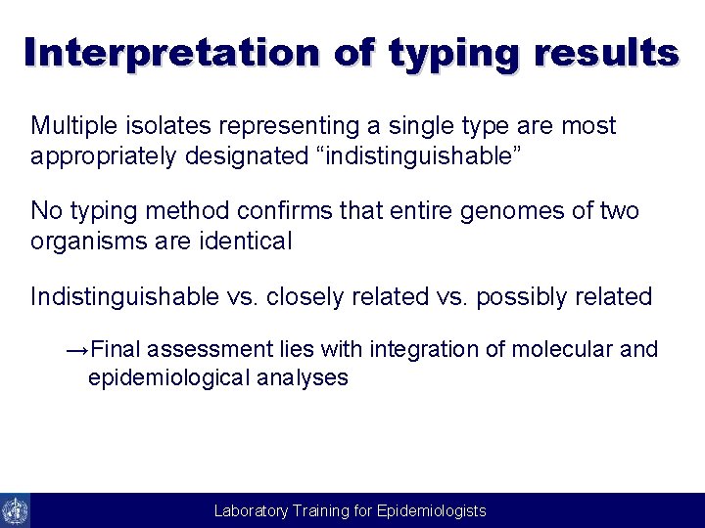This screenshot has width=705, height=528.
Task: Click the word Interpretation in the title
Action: (171, 53)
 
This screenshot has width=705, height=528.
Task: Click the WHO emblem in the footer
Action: (16, 510)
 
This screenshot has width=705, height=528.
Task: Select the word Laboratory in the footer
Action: (252, 511)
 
